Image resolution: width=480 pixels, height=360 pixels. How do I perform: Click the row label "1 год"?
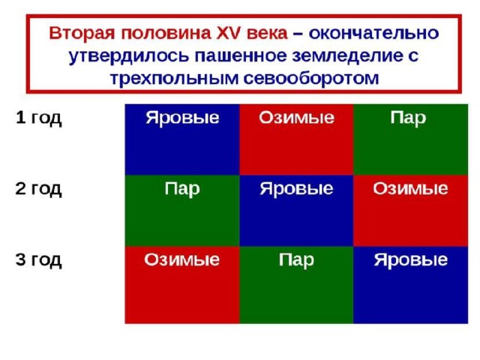click(38, 118)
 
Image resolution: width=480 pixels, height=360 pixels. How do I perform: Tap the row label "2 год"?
click(38, 189)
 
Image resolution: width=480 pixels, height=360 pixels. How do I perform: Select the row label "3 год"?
click(38, 260)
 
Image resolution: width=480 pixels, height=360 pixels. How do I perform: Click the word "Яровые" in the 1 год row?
click(182, 118)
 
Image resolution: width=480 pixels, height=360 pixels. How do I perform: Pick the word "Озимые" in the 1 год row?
click(297, 118)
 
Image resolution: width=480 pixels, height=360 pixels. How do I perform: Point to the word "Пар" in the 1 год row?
click(408, 118)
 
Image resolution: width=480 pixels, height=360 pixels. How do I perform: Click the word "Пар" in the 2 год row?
click(182, 189)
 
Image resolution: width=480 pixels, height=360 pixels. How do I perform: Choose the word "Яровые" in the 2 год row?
click(297, 189)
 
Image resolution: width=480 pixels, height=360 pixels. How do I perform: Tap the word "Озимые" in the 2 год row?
click(410, 188)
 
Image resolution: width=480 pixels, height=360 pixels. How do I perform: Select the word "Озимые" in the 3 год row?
click(182, 259)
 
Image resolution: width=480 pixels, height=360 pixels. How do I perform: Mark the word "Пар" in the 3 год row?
click(296, 260)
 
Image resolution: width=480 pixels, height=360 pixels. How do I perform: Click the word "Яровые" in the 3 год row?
click(411, 260)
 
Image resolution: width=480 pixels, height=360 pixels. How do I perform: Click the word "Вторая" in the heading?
click(82, 33)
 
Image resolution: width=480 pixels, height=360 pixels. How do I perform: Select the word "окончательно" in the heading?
click(373, 33)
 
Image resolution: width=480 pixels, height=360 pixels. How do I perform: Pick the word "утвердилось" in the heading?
click(128, 56)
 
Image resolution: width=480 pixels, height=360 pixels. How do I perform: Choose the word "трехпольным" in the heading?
click(174, 79)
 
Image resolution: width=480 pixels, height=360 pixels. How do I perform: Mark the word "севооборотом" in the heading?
click(311, 78)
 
